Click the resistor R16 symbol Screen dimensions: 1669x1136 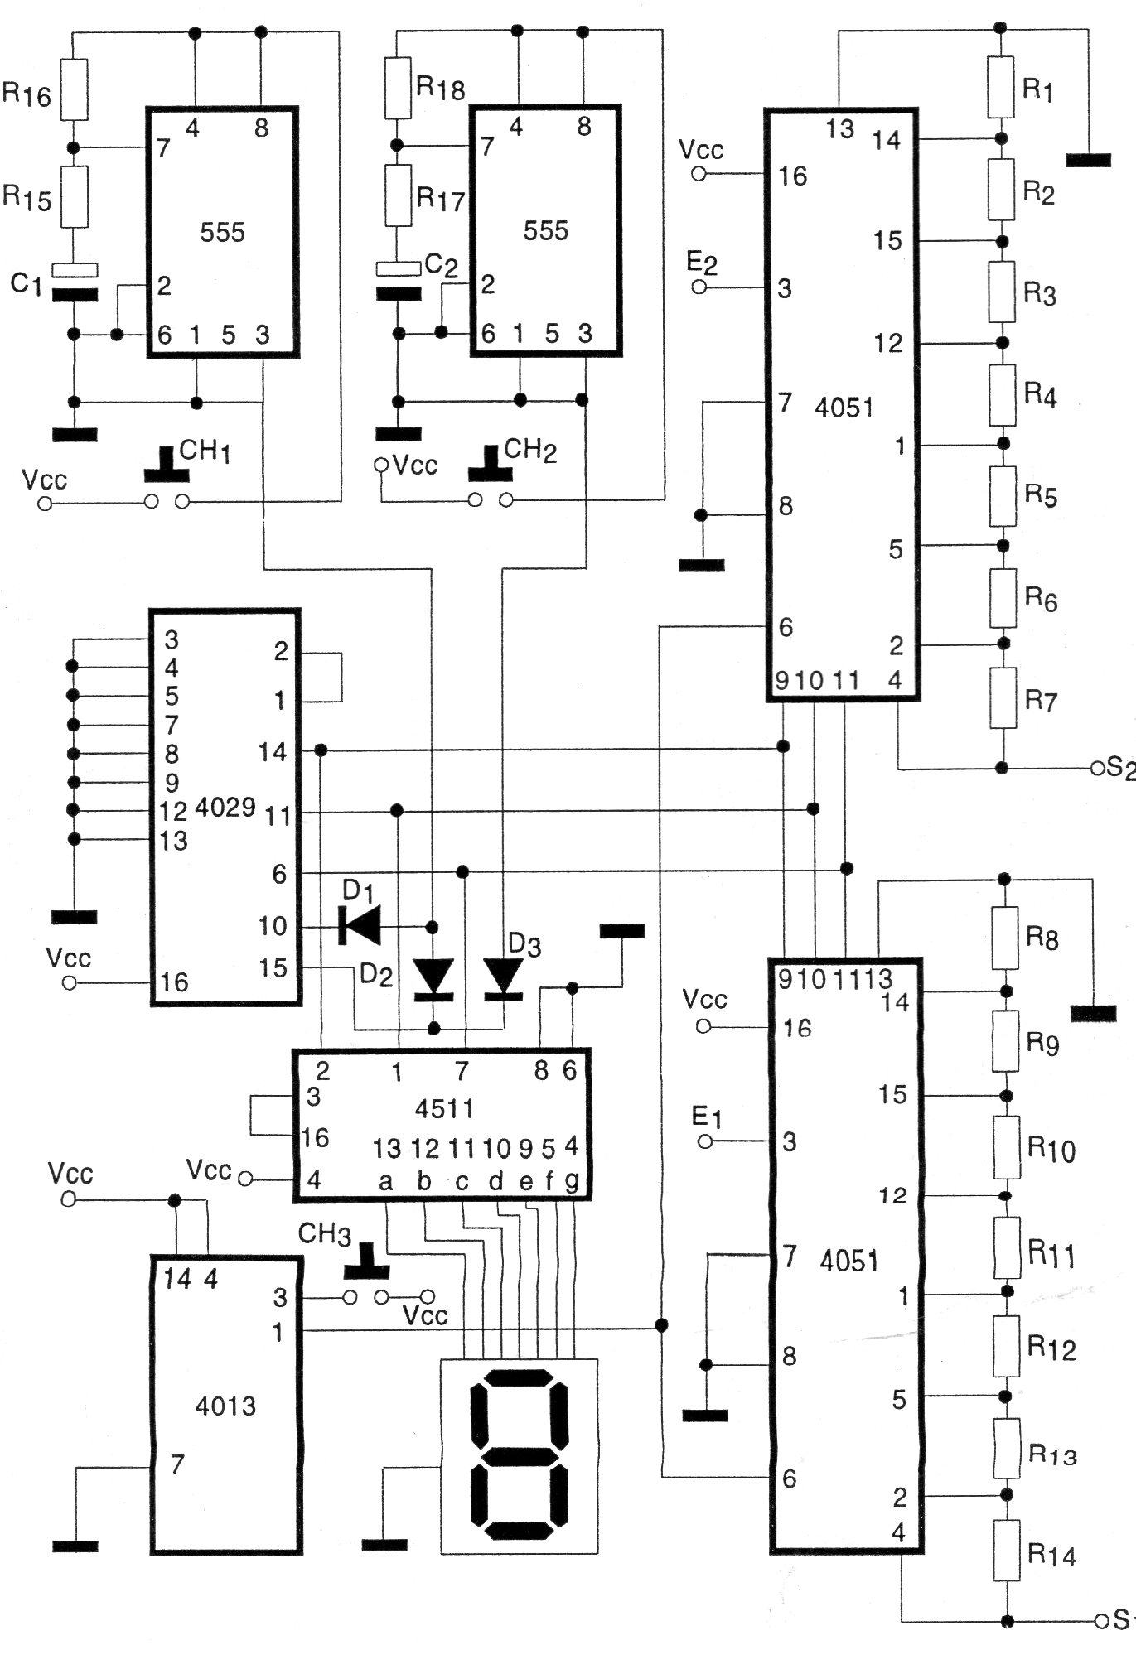coord(74,89)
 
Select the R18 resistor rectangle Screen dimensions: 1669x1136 coord(397,87)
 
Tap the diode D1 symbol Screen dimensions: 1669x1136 coord(360,925)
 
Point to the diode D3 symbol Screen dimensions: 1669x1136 coord(504,977)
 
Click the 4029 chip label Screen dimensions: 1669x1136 coord(225,808)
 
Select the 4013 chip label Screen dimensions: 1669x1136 coord(225,1406)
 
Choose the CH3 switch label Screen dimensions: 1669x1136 coord(324,1234)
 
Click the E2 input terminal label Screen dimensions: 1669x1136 coord(702,263)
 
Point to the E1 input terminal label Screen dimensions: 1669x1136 coord(706,1117)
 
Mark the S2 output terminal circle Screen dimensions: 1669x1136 coord(1099,769)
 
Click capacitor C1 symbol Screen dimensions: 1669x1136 coord(74,282)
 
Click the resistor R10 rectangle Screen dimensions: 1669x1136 coord(1007,1147)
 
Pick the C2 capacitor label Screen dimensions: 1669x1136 coord(441,265)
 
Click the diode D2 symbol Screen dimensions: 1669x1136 coord(433,977)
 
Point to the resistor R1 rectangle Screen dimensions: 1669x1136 coord(1000,87)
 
